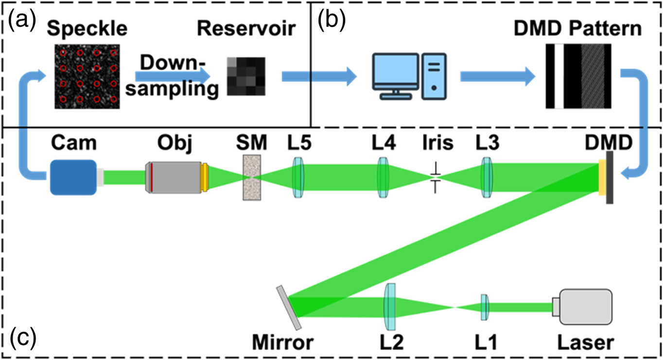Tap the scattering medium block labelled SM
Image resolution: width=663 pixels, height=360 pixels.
point(251,177)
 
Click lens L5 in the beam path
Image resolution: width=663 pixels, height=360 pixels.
point(297,178)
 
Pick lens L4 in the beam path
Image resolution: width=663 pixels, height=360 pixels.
point(384,178)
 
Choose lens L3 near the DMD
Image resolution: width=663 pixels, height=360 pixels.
point(487,177)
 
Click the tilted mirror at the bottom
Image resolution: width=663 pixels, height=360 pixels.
point(290,307)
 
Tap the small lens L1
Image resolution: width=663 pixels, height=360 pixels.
point(484,307)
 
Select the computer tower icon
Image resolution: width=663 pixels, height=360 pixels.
point(434,77)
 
